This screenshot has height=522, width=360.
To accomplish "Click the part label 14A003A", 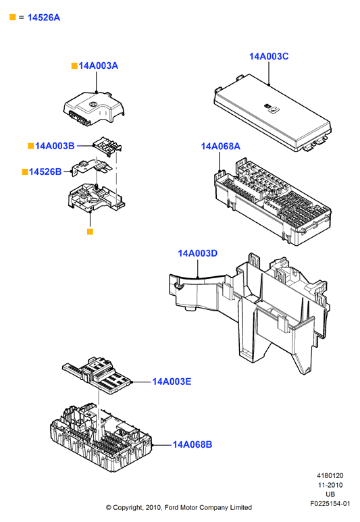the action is click(98, 66).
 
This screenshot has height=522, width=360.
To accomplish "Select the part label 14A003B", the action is click(55, 146).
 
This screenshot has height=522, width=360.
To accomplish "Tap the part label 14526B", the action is click(45, 172).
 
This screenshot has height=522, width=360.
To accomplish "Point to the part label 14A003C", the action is click(269, 56).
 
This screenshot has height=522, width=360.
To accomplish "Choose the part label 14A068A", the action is click(220, 146).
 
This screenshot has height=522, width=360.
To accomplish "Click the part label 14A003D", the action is click(197, 253).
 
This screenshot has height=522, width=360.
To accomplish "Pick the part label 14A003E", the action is click(172, 382).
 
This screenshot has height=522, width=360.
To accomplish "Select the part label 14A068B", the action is click(192, 444).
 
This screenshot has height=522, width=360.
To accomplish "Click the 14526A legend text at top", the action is click(44, 18).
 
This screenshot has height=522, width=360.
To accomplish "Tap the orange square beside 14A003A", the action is click(74, 66).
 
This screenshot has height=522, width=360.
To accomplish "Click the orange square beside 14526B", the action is click(25, 172).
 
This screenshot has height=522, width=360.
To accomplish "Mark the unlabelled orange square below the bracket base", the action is click(90, 232).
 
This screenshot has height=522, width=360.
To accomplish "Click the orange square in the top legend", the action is click(13, 18).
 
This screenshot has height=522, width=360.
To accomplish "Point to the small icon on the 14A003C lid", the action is click(272, 108).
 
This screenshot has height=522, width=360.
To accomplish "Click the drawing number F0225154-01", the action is click(330, 504).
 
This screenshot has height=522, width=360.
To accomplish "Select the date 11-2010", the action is click(330, 485).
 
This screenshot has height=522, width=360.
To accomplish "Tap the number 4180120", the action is click(330, 475).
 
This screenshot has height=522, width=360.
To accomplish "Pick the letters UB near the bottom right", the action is click(330, 494).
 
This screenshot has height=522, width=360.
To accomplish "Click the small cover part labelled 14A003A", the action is click(94, 108).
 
